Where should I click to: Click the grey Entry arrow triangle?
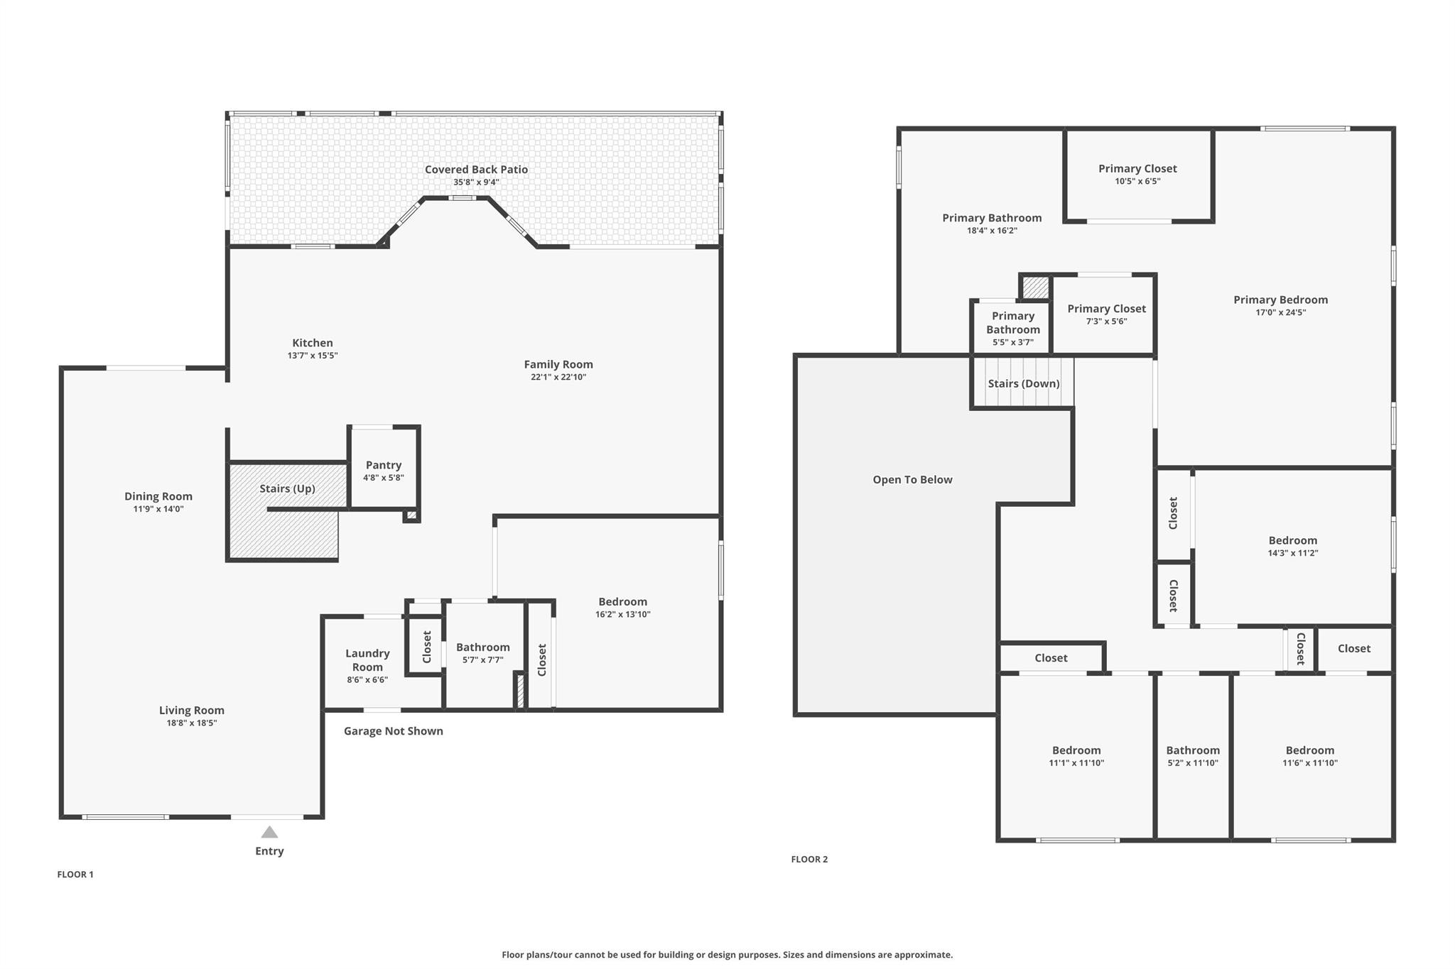click(269, 832)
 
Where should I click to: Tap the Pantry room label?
click(384, 465)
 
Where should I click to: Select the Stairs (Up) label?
click(287, 488)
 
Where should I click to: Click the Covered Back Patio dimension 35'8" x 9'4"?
click(476, 182)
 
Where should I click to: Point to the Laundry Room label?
click(367, 659)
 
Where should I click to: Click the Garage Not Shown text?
click(393, 731)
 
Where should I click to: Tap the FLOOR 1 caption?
click(75, 875)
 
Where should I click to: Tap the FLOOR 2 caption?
click(809, 859)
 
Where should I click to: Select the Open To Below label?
click(912, 480)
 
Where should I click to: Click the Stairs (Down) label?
click(1023, 383)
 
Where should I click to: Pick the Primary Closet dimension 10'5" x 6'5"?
click(1137, 182)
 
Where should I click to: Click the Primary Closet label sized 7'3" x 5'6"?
click(1106, 309)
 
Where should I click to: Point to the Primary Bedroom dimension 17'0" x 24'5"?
click(1280, 312)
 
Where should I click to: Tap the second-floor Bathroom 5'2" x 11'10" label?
click(1193, 750)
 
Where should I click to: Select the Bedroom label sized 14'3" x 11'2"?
click(1292, 540)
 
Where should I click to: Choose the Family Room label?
click(558, 364)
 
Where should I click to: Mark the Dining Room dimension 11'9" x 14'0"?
click(158, 509)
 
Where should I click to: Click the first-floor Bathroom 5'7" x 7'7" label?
click(482, 647)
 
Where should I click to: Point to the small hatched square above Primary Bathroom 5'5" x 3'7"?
click(1036, 288)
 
